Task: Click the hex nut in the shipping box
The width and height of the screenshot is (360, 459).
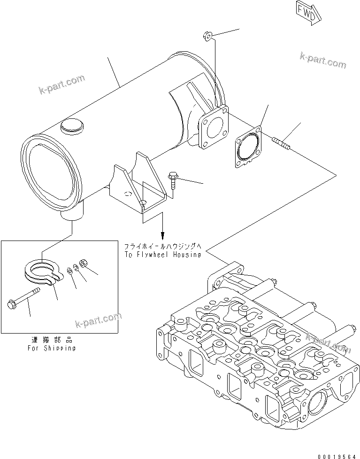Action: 82,264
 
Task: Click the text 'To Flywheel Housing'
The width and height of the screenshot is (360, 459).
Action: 162,255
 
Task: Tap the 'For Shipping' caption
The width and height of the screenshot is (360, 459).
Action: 51,348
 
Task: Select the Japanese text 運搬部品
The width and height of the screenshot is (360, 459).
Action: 51,340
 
